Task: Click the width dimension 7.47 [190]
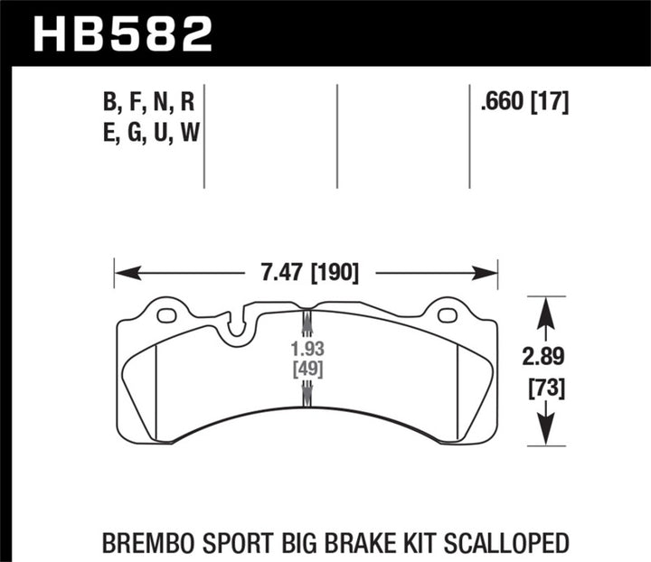click(306, 271)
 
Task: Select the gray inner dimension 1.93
click(306, 348)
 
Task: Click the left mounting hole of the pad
click(165, 316)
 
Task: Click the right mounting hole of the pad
click(446, 315)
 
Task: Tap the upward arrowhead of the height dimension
click(543, 312)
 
